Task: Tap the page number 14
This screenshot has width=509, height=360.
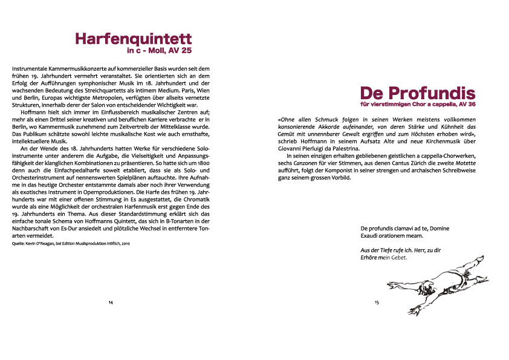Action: pos(111,302)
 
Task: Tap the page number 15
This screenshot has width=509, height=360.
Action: pos(376,302)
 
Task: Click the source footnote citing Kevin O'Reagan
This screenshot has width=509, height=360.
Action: pos(71,243)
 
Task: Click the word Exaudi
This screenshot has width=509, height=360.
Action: pos(369,235)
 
